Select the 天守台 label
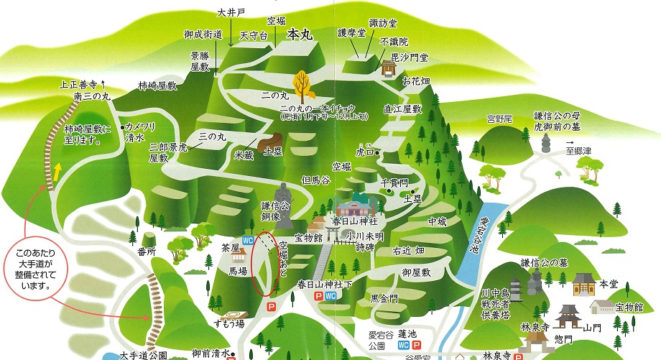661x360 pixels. (254, 35)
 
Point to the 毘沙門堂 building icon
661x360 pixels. (389, 68)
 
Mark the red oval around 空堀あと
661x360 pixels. (267, 263)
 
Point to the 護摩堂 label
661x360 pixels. (351, 32)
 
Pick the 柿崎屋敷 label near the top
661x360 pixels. (157, 86)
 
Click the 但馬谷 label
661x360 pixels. (315, 180)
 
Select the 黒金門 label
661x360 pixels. (384, 298)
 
